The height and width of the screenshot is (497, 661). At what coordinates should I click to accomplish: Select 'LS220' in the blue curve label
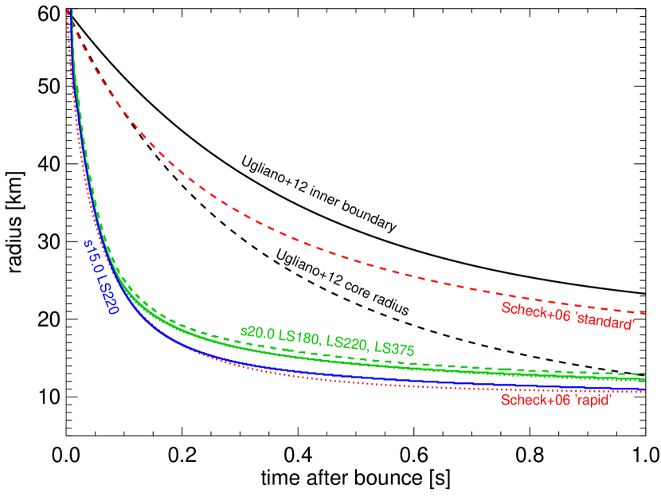108,295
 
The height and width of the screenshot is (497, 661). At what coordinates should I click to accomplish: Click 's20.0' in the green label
257,333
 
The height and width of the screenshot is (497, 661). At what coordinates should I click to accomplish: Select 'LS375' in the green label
393,348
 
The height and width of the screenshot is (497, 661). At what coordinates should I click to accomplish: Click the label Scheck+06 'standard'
567,316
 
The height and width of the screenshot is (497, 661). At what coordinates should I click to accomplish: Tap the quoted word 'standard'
605,321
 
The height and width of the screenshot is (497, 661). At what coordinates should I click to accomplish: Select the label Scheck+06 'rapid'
555,400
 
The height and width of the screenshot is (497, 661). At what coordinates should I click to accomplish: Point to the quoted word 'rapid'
593,400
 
